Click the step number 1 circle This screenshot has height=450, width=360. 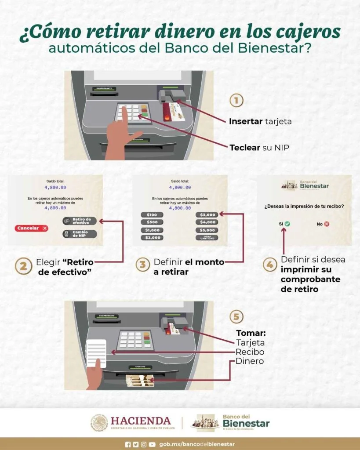click(x=236, y=101)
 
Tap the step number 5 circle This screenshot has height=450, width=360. click(x=236, y=316)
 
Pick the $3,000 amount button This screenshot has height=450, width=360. click(x=207, y=214)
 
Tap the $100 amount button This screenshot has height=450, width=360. click(x=152, y=214)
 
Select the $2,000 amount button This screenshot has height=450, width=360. click(x=152, y=238)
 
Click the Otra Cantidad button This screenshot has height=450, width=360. click(x=207, y=238)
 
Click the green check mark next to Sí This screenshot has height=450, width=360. click(x=287, y=224)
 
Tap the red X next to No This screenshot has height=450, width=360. click(x=327, y=224)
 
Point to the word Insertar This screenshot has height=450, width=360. click(x=245, y=121)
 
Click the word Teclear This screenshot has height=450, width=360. click(x=245, y=148)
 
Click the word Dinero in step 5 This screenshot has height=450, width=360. click(x=250, y=361)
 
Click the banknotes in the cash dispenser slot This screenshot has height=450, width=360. click(x=139, y=380)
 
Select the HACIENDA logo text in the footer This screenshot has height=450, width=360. click(x=141, y=421)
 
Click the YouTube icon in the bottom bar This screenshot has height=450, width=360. click(x=152, y=444)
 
